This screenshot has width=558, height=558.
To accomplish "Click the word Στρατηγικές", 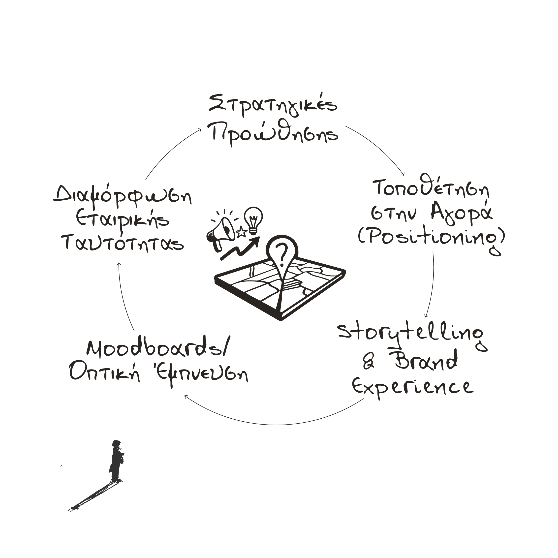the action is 273,105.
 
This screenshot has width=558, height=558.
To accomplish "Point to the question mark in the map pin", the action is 282,251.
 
